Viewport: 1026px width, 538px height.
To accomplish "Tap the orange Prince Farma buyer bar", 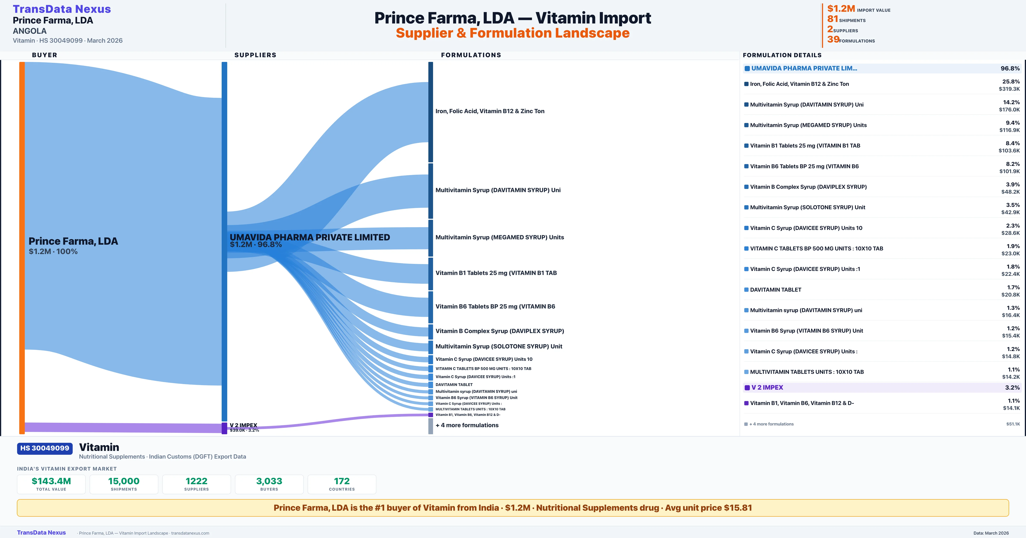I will click(22, 247).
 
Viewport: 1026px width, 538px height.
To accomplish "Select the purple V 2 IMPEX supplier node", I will click(224, 428).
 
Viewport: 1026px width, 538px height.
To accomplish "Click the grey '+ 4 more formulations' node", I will click(430, 426).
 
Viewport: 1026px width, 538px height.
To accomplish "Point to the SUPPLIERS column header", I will click(255, 55).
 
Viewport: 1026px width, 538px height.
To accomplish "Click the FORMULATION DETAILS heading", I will click(782, 55).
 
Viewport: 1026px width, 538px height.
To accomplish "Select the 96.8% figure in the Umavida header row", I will click(1010, 69).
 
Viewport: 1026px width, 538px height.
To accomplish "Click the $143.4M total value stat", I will click(51, 481).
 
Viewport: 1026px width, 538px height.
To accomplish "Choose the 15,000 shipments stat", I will click(124, 481).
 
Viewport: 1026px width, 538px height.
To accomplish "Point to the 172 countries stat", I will click(342, 481).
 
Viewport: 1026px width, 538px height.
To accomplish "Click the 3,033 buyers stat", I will click(269, 481).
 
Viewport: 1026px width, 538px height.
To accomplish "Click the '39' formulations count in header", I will click(833, 39).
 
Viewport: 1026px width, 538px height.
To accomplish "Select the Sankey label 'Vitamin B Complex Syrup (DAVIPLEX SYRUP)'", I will click(500, 331).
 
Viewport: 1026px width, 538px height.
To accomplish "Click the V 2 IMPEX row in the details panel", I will click(767, 387).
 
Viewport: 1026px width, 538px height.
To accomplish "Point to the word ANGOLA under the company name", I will click(29, 31).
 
